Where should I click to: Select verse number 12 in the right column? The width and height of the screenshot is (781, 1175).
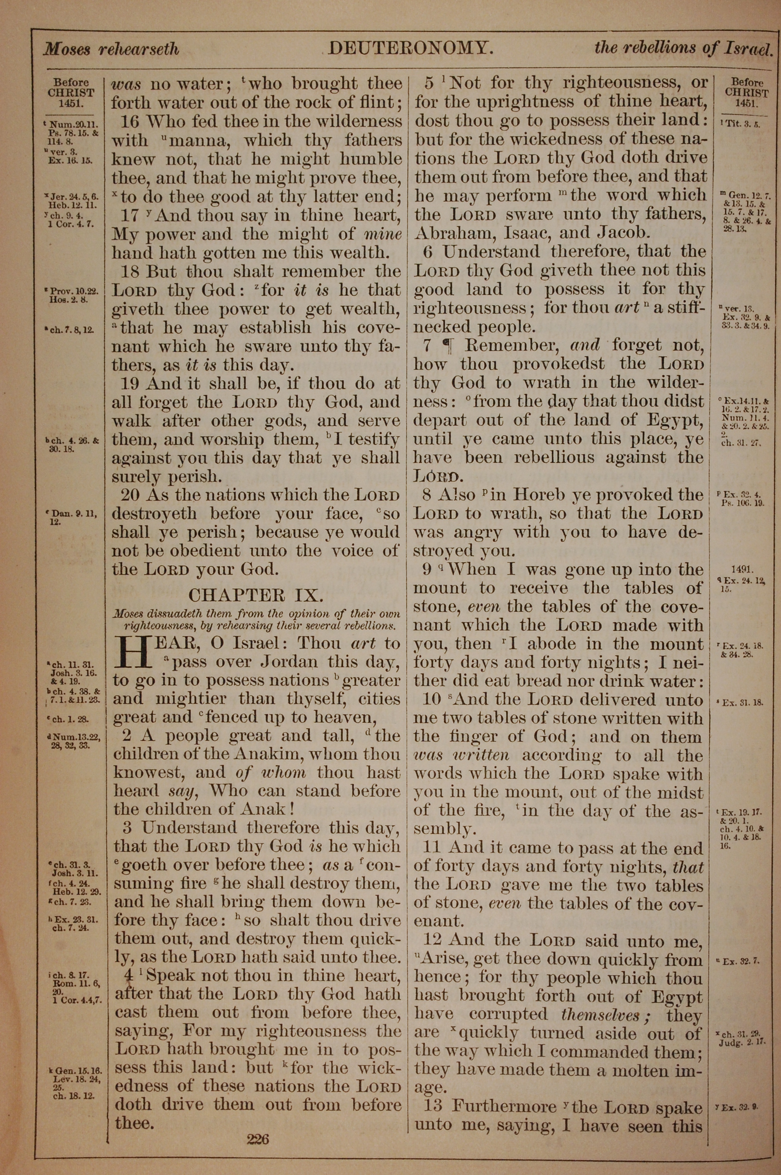pyautogui.click(x=432, y=940)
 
